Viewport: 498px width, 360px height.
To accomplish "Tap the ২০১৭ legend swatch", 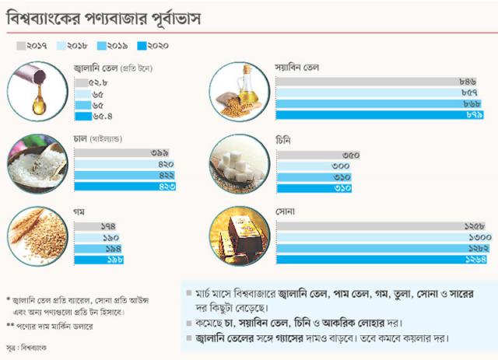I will [21, 46].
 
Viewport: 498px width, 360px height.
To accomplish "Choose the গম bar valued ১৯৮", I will [101, 260].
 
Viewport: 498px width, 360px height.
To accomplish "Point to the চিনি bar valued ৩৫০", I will [318, 154].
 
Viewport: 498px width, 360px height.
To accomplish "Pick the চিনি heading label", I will [284, 140].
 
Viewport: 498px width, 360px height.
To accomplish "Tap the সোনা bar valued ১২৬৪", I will [381, 260].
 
